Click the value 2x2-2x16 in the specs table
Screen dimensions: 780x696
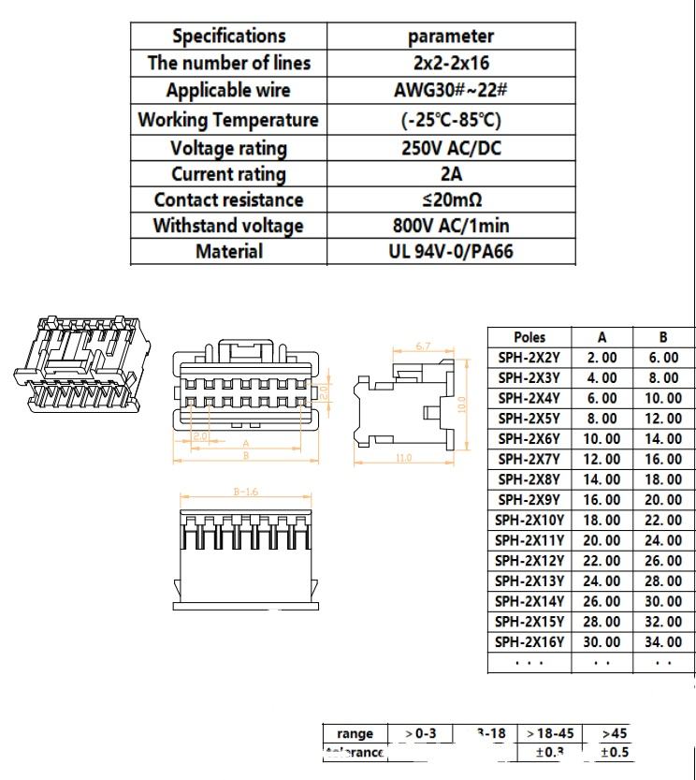pos(450,64)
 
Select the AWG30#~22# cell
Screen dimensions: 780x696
pos(450,91)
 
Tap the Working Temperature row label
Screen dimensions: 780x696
pos(228,120)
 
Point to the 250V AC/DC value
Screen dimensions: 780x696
pos(450,148)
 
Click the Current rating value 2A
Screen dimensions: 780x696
pos(450,174)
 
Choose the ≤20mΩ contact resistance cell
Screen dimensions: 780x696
pos(450,199)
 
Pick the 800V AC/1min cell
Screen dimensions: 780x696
pos(450,226)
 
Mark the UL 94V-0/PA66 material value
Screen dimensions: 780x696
pos(450,251)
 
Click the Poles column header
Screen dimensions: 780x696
pos(529,337)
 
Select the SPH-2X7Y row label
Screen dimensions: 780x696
pos(529,459)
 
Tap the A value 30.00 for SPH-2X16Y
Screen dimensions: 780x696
pos(602,642)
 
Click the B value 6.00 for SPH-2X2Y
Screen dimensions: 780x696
pos(663,358)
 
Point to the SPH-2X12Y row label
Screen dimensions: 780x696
pos(529,561)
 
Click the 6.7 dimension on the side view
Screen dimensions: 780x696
pos(422,347)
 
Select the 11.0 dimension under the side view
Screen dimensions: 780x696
pos(403,458)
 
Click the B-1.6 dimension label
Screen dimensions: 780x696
pos(246,492)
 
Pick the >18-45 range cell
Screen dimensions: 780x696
pos(550,733)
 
